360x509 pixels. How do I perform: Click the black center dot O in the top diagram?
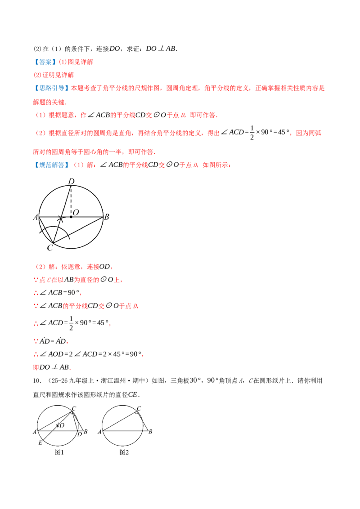coord(71,217)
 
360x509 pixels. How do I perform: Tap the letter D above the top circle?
coord(71,182)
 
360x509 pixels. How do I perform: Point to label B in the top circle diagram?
coord(107,217)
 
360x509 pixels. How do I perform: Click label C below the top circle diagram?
coord(49,248)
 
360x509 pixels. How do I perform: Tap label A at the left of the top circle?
coord(36,217)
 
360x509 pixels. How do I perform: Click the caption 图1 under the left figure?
coord(59,452)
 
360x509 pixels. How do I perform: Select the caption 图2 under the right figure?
coord(124,452)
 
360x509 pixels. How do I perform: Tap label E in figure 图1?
coord(40,443)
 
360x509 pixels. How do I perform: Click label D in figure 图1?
coord(80,434)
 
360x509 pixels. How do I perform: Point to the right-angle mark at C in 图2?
coord(136,413)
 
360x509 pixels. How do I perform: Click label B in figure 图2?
coord(150,432)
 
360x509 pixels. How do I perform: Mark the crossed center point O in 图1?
coord(58,425)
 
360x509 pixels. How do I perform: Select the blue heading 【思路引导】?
coord(51,88)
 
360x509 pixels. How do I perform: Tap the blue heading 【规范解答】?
coord(51,165)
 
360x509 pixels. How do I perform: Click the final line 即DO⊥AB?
coord(52,367)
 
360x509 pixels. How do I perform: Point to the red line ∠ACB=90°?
coord(57,293)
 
